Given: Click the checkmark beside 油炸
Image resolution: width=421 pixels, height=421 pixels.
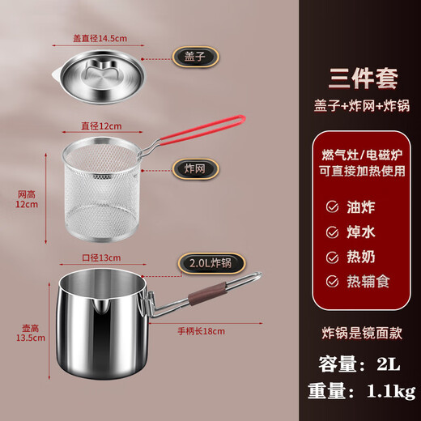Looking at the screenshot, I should tap(330, 206).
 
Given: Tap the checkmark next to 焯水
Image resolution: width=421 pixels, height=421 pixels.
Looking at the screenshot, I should tap(330, 232).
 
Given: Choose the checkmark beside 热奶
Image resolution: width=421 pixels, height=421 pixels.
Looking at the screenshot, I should tap(330, 257).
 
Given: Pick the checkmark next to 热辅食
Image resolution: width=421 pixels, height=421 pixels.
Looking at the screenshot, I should tap(330, 282).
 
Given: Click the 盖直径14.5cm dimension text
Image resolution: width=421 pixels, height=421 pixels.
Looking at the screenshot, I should tap(100, 36).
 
